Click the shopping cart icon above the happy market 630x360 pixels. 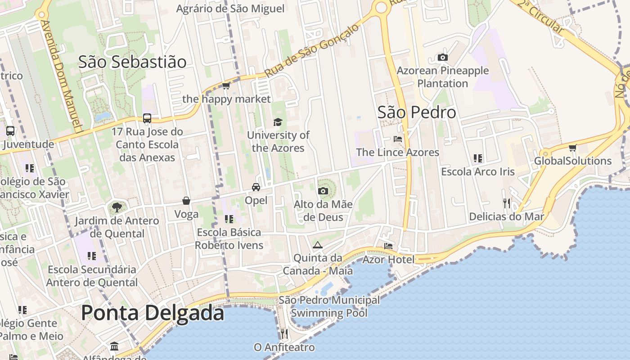[x=226, y=85]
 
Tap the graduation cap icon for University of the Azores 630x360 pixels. [x=278, y=122]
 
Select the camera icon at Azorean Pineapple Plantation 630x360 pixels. [x=443, y=57]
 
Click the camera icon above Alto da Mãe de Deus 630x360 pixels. [x=323, y=191]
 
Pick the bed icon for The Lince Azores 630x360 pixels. [x=397, y=139]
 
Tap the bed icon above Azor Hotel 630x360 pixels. [x=388, y=246]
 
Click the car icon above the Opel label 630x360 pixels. [x=256, y=187]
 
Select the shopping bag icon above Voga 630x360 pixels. [x=186, y=201]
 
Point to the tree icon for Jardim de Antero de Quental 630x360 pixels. [x=117, y=207]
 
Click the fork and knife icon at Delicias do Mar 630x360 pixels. [x=507, y=203]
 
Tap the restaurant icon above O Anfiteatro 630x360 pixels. [x=284, y=334]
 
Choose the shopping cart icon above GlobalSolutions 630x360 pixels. [x=572, y=148]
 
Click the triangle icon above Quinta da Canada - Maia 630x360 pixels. [x=318, y=245]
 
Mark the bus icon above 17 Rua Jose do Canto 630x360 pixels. [x=147, y=118]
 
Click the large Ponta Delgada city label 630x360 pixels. [x=153, y=313]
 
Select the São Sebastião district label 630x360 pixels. [x=132, y=62]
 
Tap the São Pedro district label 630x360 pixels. [x=417, y=112]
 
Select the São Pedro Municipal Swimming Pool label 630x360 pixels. [x=329, y=306]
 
